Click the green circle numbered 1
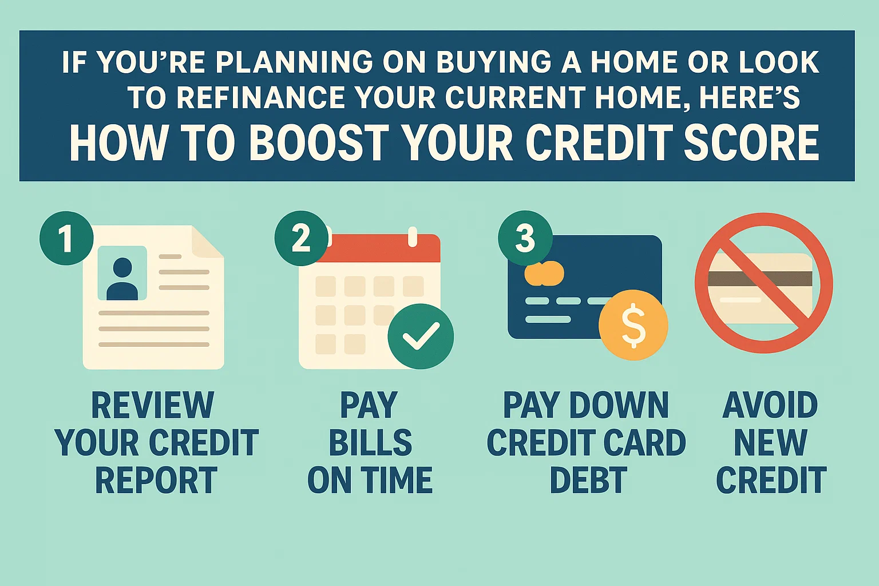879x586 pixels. click(x=66, y=239)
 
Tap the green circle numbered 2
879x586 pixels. click(x=302, y=239)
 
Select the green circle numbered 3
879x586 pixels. click(x=525, y=238)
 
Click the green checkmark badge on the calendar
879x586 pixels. click(x=421, y=336)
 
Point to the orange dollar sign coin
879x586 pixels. click(x=633, y=325)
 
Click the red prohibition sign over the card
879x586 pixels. click(x=763, y=283)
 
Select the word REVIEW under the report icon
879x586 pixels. click(x=153, y=406)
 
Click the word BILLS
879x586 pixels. click(x=370, y=443)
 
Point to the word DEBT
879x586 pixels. click(x=588, y=480)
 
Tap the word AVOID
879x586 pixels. click(x=770, y=406)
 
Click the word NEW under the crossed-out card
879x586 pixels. click(x=770, y=443)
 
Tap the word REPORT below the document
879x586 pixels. click(x=156, y=480)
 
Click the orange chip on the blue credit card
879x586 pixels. click(x=544, y=274)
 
